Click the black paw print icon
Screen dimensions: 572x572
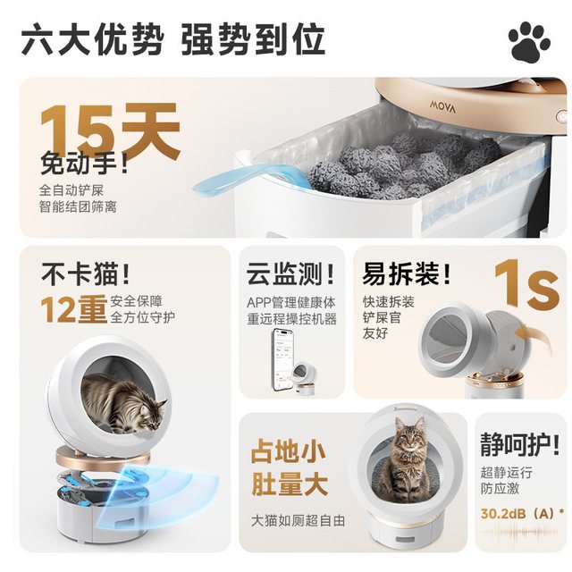[529, 41]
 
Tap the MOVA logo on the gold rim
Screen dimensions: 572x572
[442, 106]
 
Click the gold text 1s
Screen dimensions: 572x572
[526, 285]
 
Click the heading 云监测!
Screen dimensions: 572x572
[290, 274]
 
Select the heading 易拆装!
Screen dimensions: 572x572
[406, 274]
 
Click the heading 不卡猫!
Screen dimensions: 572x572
[86, 273]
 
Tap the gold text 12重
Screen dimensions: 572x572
[73, 310]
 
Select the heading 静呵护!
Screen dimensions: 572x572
[519, 443]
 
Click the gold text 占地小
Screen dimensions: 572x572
[288, 451]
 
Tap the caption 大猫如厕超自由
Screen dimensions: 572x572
[298, 520]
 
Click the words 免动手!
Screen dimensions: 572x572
[85, 164]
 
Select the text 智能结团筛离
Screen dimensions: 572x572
[78, 206]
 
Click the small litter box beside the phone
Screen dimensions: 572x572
[305, 377]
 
